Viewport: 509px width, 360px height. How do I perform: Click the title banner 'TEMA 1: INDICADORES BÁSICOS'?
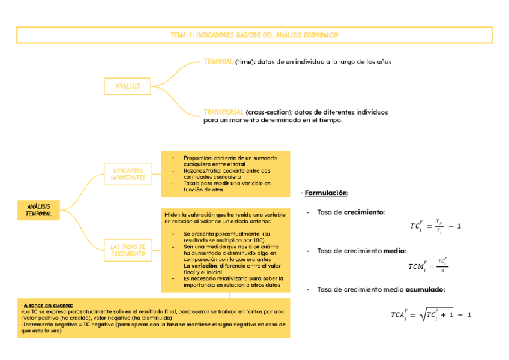254,35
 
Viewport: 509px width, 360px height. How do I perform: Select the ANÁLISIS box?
127,86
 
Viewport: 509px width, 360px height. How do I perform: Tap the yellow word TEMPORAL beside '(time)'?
218,61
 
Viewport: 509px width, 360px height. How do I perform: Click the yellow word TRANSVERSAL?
223,112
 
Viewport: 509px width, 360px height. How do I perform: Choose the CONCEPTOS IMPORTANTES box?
127,174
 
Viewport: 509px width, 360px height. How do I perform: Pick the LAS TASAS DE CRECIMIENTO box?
127,250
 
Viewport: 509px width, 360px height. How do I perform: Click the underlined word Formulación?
326,193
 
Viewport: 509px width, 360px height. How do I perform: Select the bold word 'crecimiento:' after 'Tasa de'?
364,212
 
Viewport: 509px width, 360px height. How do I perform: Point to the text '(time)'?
245,61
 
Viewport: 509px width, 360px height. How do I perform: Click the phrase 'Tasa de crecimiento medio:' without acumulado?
361,251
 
